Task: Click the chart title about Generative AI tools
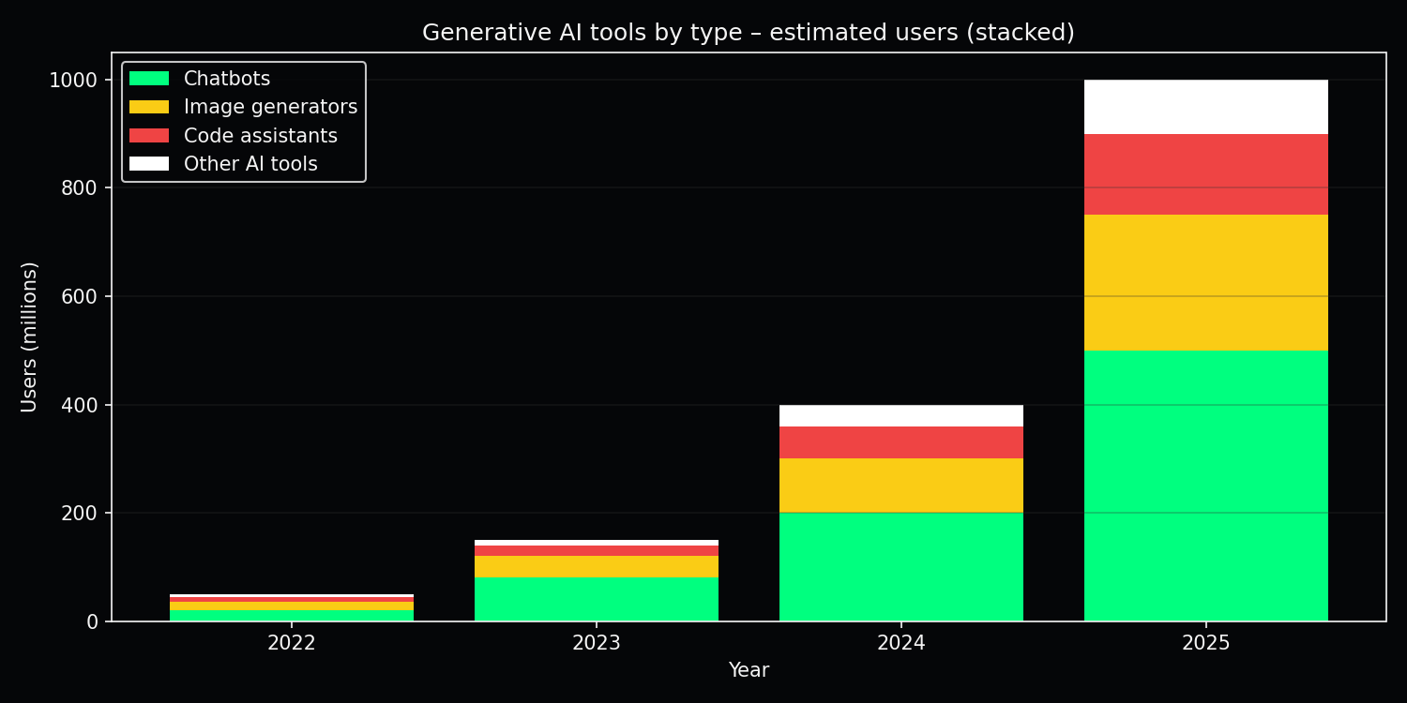[748, 33]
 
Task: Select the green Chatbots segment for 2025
[1205, 486]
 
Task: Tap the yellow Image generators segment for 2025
[1205, 282]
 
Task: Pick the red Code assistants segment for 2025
[1205, 174]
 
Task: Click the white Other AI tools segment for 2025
[1205, 107]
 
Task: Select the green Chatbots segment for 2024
[900, 567]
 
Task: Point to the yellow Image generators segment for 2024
[900, 486]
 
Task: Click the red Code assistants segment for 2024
[900, 442]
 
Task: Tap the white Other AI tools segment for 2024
[900, 415]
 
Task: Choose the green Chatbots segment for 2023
[596, 599]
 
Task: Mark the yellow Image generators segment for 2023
[596, 566]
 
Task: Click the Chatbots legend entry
[226, 79]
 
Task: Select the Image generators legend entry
[270, 107]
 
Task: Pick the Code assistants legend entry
[260, 136]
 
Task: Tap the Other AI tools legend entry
[250, 164]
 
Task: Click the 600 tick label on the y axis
[80, 296]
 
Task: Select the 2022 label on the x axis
[291, 643]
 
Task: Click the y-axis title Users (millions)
[29, 337]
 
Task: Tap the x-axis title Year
[749, 670]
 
